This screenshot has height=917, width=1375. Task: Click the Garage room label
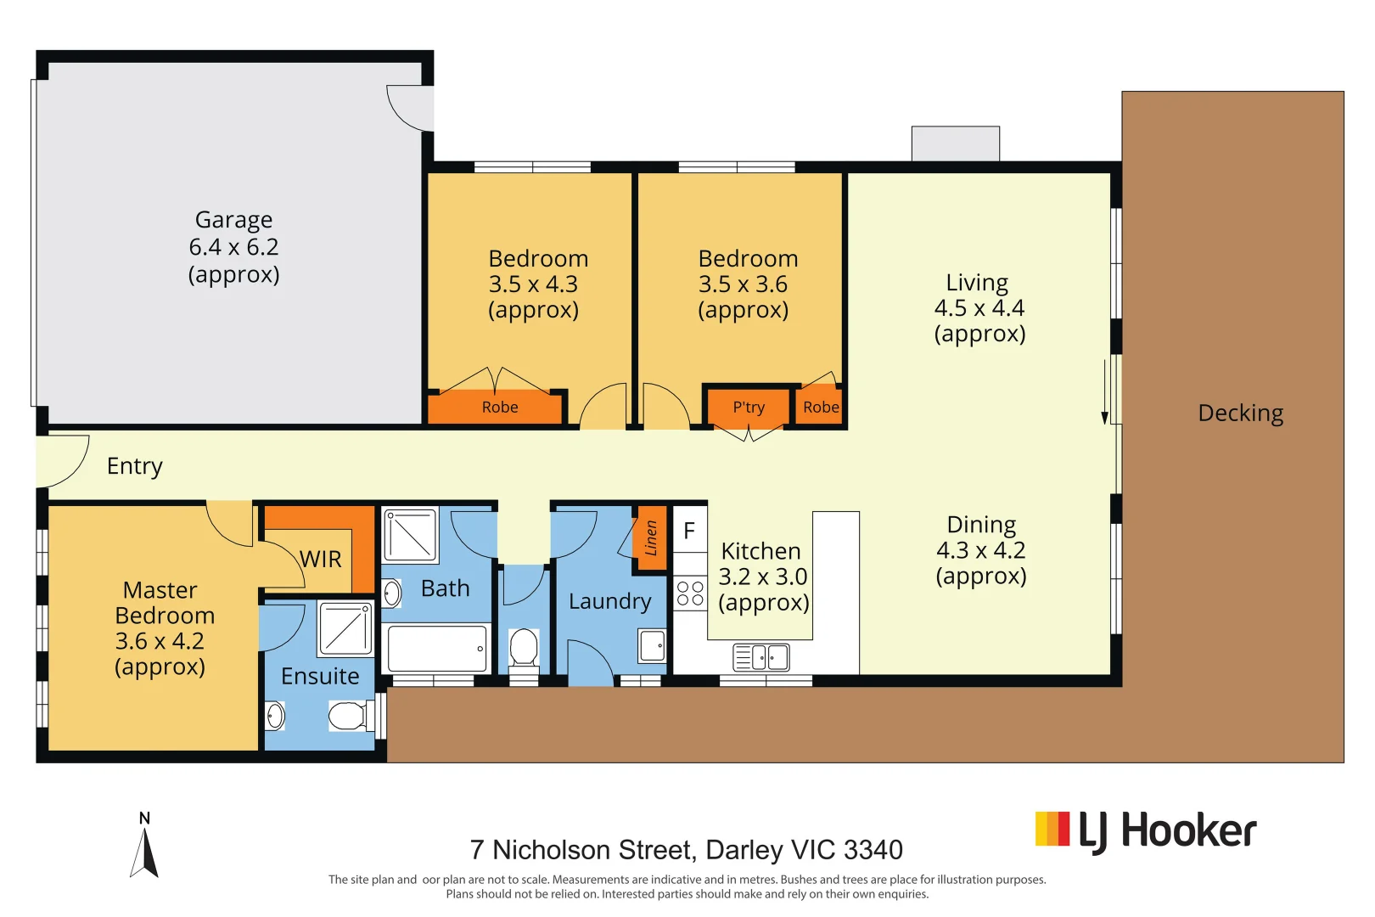coord(233,220)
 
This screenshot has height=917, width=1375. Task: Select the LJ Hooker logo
coord(1145,831)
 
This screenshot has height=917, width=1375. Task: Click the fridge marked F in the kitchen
coord(689,532)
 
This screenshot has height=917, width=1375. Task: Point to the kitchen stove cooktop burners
coord(690,593)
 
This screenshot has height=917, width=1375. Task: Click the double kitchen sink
coord(761,657)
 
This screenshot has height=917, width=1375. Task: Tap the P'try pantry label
coord(749,408)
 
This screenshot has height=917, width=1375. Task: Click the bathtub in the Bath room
coord(437,649)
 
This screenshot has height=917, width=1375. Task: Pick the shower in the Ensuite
coord(345,628)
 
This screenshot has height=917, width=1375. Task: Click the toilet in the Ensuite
coord(348,716)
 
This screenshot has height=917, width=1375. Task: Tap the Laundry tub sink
coord(652,646)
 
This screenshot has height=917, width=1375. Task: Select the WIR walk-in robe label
coord(321,560)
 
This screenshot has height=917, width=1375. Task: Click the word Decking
coord(1240,413)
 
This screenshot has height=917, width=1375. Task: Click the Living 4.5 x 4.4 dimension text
coord(979,308)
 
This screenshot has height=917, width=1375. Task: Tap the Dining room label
coord(981,525)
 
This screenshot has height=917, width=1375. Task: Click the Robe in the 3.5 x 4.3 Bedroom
coord(499,408)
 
